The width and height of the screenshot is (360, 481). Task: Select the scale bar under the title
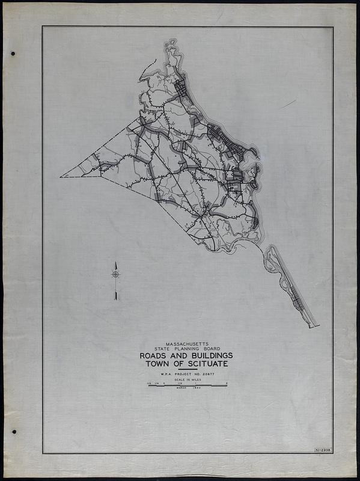click(x=188, y=385)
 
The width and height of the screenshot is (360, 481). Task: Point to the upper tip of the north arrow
click(x=115, y=263)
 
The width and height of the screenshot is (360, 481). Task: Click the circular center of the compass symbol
click(x=115, y=274)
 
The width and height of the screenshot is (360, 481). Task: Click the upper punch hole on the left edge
click(x=13, y=54)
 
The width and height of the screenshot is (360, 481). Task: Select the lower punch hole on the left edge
click(x=13, y=431)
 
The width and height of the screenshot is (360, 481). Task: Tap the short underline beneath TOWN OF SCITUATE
click(x=188, y=369)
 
